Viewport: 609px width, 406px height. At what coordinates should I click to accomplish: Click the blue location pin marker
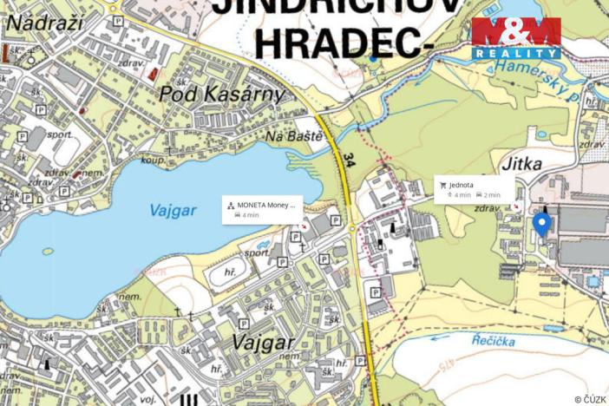(541, 225)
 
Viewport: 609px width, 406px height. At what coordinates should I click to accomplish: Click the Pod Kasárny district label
(222, 93)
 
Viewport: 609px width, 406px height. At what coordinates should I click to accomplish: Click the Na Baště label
(294, 136)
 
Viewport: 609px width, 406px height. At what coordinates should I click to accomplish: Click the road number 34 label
(349, 160)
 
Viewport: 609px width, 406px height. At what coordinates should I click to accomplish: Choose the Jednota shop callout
(474, 189)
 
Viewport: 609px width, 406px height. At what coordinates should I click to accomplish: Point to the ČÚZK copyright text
(590, 399)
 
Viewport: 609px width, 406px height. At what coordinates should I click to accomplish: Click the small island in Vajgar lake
(47, 252)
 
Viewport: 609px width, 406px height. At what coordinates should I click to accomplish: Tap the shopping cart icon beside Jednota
(443, 185)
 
